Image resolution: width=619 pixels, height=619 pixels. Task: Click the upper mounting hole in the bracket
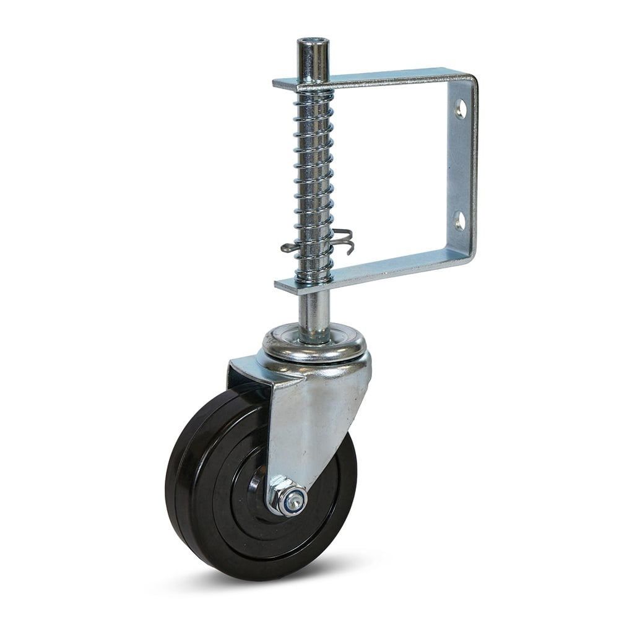click(461, 110)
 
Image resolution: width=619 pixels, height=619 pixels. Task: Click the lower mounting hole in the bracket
click(459, 219)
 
